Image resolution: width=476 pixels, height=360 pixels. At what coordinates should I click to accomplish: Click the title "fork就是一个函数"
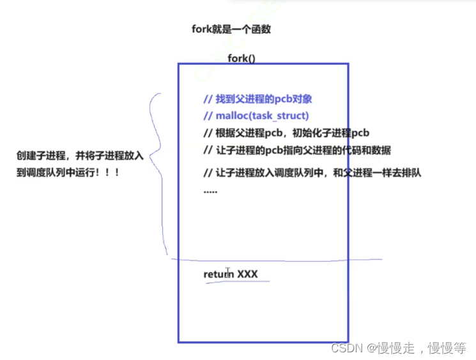pos(231,29)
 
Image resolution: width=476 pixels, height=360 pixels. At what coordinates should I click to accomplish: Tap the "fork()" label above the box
pos(242,59)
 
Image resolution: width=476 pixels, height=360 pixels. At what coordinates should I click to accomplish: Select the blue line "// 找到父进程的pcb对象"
pos(257,99)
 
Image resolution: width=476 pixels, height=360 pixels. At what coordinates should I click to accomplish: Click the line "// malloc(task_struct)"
pos(256,116)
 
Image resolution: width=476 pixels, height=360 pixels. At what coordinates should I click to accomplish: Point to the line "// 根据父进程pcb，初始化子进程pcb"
pos(286,133)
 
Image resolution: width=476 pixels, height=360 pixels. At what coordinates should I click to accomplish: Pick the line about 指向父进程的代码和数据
pos(297,150)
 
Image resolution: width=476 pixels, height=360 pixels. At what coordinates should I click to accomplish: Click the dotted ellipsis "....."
pos(210,190)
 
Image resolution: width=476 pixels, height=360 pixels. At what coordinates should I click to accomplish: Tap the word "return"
pos(219,274)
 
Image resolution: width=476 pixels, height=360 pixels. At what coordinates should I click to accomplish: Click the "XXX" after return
pos(247,274)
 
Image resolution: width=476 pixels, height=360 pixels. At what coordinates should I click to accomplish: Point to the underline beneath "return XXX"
pos(233,282)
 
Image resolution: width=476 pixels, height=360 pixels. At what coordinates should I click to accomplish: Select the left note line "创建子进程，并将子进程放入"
pos(80,156)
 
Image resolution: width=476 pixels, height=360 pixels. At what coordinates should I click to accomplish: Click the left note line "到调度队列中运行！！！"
pos(68,172)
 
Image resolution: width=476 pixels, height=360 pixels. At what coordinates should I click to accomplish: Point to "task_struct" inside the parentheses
pos(281,116)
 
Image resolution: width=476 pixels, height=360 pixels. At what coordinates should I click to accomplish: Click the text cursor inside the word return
pos(227,273)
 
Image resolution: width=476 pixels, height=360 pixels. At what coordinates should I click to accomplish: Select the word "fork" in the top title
pos(203,29)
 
